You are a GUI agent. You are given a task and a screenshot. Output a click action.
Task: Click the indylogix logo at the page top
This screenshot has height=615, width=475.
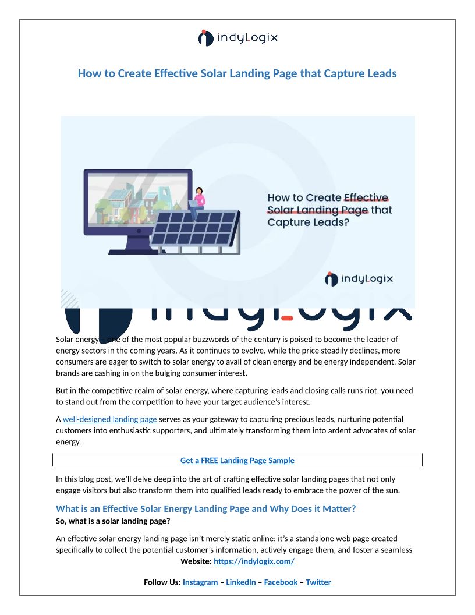click(238, 38)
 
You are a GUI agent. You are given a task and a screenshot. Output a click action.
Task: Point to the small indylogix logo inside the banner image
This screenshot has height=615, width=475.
click(359, 279)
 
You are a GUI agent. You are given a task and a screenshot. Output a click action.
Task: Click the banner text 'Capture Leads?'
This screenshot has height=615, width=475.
click(308, 222)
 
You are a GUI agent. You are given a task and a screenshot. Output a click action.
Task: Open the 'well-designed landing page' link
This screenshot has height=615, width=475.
click(109, 419)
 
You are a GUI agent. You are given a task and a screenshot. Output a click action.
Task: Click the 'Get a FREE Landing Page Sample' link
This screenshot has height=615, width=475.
click(238, 461)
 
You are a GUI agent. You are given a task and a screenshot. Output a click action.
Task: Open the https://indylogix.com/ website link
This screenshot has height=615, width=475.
click(254, 561)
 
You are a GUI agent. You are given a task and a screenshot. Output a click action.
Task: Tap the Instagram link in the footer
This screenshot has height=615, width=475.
click(200, 582)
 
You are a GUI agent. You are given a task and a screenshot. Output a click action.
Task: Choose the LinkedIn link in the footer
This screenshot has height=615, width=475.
click(240, 582)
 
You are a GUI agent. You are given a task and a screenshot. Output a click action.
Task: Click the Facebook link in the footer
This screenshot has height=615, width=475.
click(281, 582)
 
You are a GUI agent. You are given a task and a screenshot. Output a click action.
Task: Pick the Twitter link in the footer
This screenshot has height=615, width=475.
click(318, 582)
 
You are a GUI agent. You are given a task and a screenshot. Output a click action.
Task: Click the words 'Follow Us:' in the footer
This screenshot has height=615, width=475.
click(162, 582)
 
